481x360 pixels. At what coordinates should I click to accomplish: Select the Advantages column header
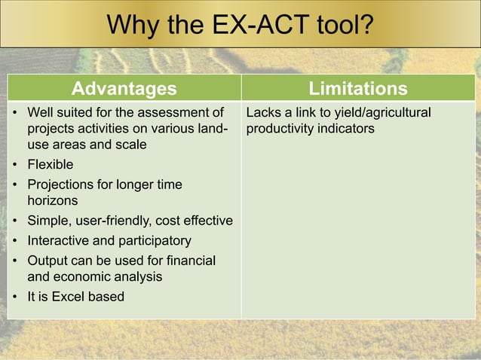[x=124, y=89]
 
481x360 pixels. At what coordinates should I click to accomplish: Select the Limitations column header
[x=358, y=89]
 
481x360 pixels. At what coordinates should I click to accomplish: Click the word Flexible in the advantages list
[x=51, y=163]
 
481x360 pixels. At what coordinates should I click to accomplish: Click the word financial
[x=189, y=261]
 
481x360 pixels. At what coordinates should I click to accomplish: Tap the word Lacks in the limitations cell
[x=263, y=113]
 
